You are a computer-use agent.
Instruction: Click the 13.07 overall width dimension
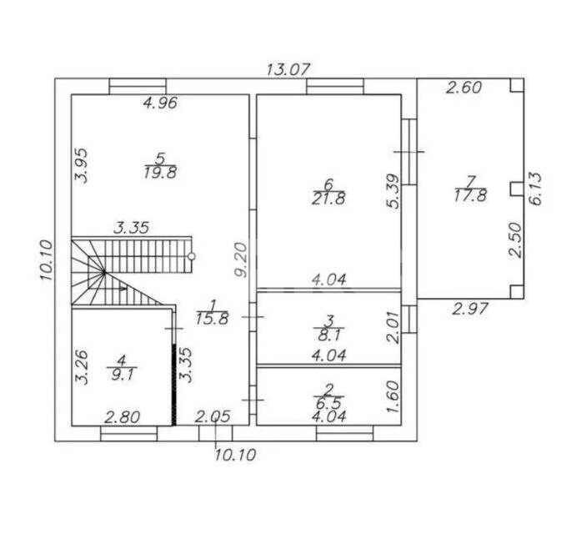pyautogui.click(x=288, y=69)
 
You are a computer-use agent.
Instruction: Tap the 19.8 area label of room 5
pyautogui.click(x=160, y=173)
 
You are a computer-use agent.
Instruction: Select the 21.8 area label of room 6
pyautogui.click(x=328, y=199)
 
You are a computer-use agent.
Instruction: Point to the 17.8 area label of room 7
pyautogui.click(x=470, y=195)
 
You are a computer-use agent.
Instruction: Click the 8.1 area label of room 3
pyautogui.click(x=328, y=335)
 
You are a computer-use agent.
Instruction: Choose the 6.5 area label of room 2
pyautogui.click(x=328, y=403)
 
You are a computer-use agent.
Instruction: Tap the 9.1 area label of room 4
pyautogui.click(x=123, y=375)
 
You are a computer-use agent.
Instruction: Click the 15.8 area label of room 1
pyautogui.click(x=213, y=319)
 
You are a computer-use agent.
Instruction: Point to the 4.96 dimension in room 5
pyautogui.click(x=160, y=103)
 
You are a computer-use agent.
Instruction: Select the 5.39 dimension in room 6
pyautogui.click(x=393, y=191)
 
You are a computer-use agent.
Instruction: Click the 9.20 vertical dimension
pyautogui.click(x=241, y=259)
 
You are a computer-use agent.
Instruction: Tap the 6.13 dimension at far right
pyautogui.click(x=536, y=189)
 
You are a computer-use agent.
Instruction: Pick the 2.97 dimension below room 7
pyautogui.click(x=470, y=310)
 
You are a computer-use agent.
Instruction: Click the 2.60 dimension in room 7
pyautogui.click(x=463, y=88)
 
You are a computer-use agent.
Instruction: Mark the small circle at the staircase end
pyautogui.click(x=192, y=256)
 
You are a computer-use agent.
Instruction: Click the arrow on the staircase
pyautogui.click(x=115, y=289)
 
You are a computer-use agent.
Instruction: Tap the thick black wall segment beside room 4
pyautogui.click(x=174, y=385)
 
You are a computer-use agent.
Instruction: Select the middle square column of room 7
pyautogui.click(x=517, y=189)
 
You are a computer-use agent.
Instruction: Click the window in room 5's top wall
pyautogui.click(x=138, y=86)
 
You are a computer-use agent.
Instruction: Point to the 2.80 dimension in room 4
pyautogui.click(x=122, y=417)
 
